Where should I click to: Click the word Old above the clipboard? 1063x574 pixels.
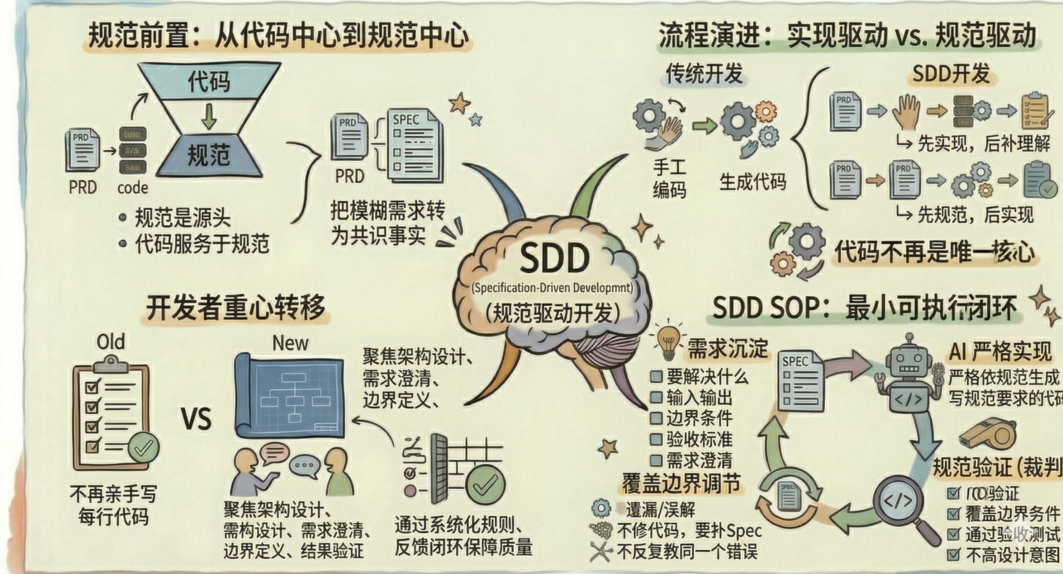[110, 342]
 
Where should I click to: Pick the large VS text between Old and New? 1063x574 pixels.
[196, 419]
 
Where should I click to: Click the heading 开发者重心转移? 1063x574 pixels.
[235, 308]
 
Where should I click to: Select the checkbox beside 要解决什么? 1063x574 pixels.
[656, 377]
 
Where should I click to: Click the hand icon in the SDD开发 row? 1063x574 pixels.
[906, 111]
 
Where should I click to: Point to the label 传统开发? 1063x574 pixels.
[704, 74]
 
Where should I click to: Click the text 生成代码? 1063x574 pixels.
[752, 182]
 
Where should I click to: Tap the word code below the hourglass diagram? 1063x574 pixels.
[132, 188]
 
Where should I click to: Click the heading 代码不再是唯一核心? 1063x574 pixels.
[934, 252]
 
